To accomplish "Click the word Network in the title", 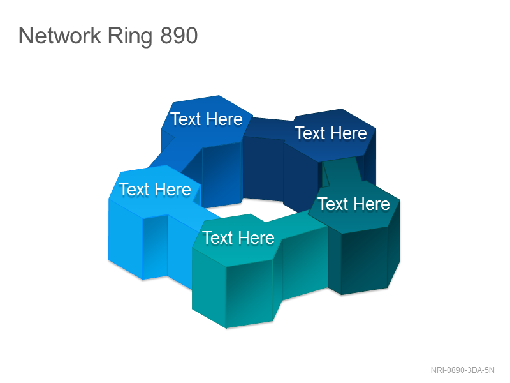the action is pos(59,36).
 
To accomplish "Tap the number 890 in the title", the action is pos(179,36).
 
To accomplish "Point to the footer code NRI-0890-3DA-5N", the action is pos(463,370).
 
